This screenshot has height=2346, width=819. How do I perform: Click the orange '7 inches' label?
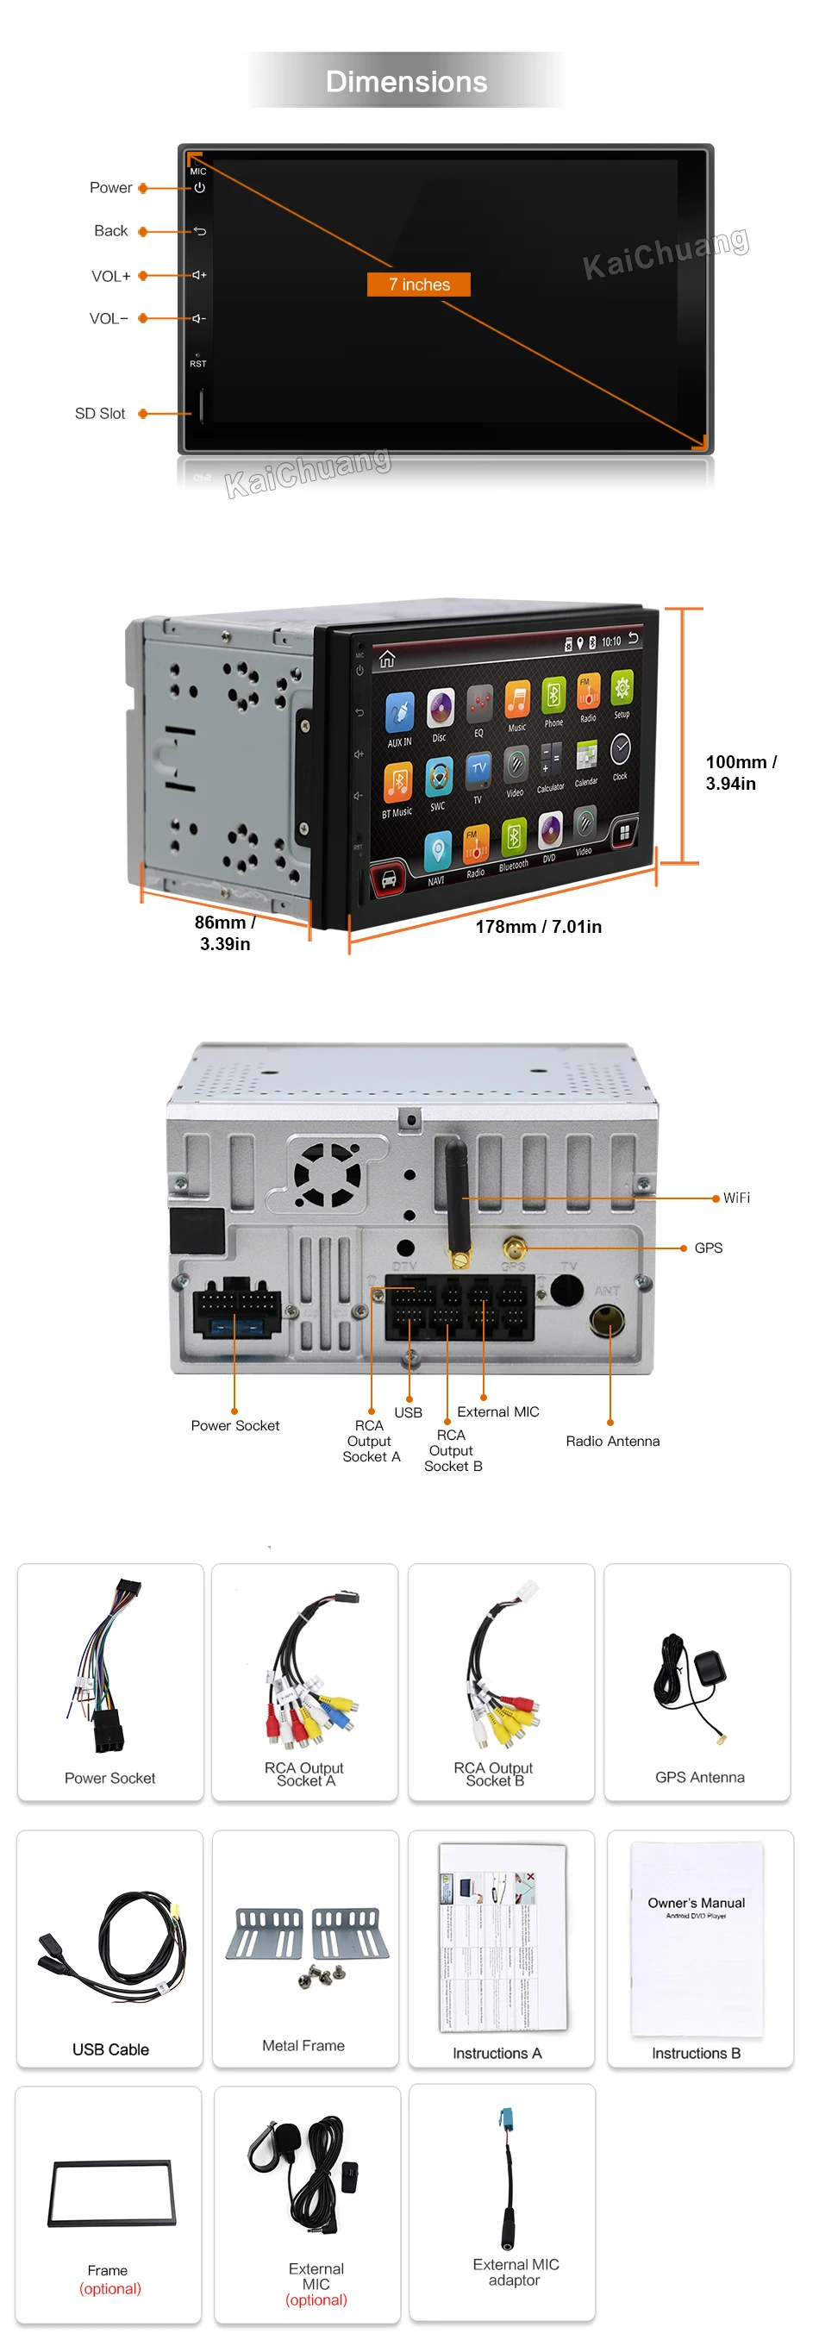[x=418, y=285]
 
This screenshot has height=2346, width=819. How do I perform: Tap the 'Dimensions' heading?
[x=406, y=82]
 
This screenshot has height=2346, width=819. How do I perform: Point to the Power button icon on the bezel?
[x=199, y=188]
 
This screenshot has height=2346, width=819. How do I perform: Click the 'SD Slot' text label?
[x=100, y=414]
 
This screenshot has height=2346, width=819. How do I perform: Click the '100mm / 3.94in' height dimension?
[x=740, y=773]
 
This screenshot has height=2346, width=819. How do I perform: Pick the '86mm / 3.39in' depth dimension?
[x=224, y=933]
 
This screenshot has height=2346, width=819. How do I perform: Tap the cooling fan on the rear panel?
[x=326, y=1174]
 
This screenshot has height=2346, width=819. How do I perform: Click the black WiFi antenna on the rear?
[x=455, y=1195]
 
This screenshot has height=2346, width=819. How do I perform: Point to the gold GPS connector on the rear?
[x=515, y=1248]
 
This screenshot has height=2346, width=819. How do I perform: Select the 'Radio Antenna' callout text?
[x=612, y=1441]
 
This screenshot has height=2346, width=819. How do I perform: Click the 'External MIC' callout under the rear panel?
[x=497, y=1411]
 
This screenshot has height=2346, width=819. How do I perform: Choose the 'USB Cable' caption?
[x=110, y=2049]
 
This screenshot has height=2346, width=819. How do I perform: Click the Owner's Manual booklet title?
[x=696, y=1903]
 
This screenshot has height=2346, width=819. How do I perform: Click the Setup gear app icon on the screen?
[x=622, y=689]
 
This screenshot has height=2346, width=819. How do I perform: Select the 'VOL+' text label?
[x=111, y=276]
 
